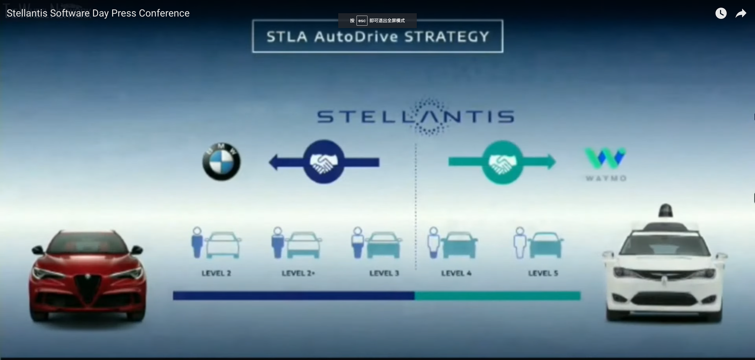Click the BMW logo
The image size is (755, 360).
221,162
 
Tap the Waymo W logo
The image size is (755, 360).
605,158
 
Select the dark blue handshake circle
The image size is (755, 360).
324,162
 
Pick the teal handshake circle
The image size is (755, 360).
503,162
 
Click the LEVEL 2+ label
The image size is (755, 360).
298,273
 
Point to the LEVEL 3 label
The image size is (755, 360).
384,273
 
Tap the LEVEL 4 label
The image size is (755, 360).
456,273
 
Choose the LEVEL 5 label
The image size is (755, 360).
543,273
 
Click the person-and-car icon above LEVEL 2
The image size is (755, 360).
216,243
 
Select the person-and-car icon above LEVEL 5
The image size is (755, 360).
538,243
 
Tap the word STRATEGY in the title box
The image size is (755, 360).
447,37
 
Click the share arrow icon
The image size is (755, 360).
741,14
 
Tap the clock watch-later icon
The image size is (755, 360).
721,13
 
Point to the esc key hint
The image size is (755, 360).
362,21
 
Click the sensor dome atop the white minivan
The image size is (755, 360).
666,210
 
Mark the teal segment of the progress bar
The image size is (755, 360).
498,296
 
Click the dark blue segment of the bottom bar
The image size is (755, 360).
293,296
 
